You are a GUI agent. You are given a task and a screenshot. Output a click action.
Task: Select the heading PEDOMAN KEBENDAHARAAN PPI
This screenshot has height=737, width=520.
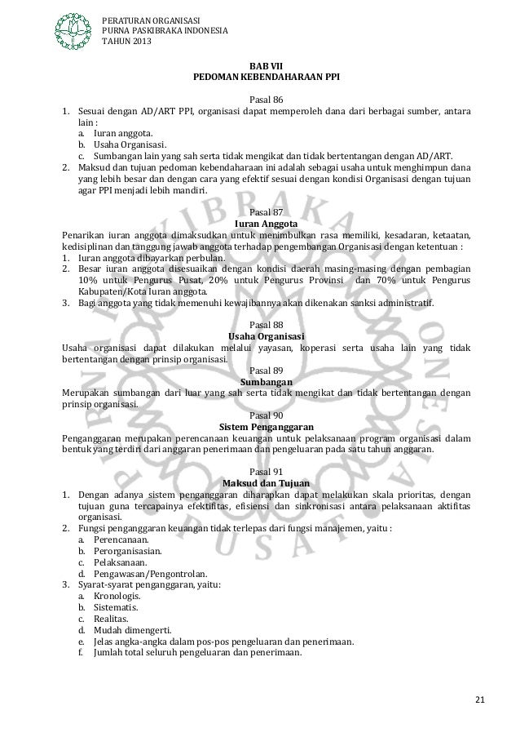(x=266, y=78)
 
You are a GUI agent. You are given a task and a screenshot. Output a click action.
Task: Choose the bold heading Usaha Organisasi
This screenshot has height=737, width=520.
(x=266, y=336)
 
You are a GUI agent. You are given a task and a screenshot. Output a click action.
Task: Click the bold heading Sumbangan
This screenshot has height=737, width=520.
(x=266, y=381)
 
